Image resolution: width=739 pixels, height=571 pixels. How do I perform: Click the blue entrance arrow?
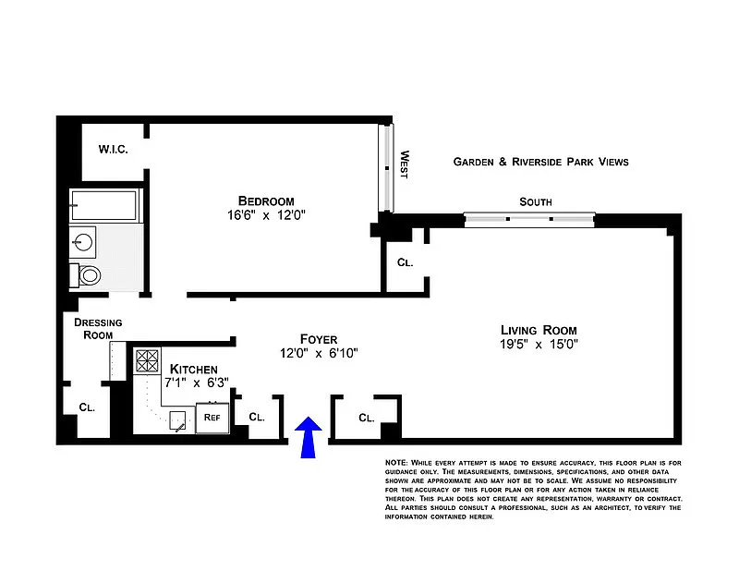click(x=309, y=437)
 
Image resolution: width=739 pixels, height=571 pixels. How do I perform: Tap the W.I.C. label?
click(x=113, y=150)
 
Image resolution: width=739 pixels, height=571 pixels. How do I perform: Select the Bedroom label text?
click(x=266, y=200)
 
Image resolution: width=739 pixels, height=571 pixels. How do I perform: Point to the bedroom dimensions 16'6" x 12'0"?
click(x=266, y=215)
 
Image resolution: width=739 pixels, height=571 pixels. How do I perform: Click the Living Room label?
click(x=539, y=330)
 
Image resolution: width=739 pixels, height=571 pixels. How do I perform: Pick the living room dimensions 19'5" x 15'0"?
click(x=539, y=345)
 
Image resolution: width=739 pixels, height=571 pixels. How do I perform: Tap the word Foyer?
click(x=319, y=339)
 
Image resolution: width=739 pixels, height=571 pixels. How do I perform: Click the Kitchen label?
click(x=194, y=370)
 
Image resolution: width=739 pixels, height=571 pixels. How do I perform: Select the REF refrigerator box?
click(x=212, y=418)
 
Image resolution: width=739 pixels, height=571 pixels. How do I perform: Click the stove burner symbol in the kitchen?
click(x=147, y=360)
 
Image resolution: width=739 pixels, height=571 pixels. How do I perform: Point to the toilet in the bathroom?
click(x=86, y=275)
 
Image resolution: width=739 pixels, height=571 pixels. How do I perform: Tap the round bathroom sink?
click(x=84, y=243)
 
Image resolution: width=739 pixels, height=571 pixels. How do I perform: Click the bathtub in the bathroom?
click(x=104, y=205)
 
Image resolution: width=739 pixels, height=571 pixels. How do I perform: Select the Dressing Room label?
click(x=98, y=329)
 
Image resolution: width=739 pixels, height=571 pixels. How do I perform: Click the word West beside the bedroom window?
click(x=405, y=164)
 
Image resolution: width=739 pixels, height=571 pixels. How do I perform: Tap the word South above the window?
click(x=536, y=201)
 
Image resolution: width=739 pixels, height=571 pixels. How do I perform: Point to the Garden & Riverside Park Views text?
click(x=541, y=162)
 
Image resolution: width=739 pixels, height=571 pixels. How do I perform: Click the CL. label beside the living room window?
click(x=406, y=262)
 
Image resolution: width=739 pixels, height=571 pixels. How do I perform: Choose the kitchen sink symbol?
click(x=177, y=420)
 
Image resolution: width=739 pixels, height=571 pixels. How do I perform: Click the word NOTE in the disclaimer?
click(x=396, y=463)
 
